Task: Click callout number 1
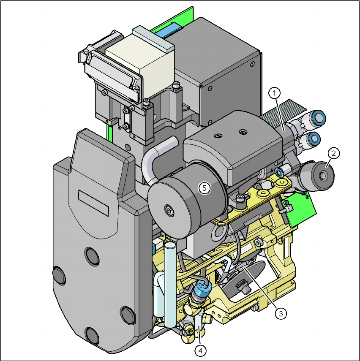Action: coord(274,93)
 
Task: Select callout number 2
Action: coord(333,153)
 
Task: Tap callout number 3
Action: coord(281,313)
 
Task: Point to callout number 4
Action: coord(200,351)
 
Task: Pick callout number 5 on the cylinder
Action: coord(205,188)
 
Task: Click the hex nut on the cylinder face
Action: coord(169,210)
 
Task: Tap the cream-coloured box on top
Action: coord(140,65)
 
